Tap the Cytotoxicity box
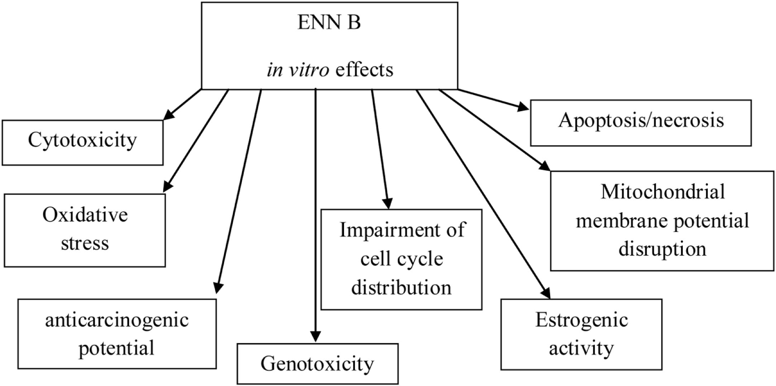[x=82, y=142]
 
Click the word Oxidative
[x=85, y=215]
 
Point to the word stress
[x=85, y=243]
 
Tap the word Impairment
[x=401, y=231]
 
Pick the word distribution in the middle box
[x=401, y=287]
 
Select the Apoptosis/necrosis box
[x=641, y=121]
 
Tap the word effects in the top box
[x=364, y=71]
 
